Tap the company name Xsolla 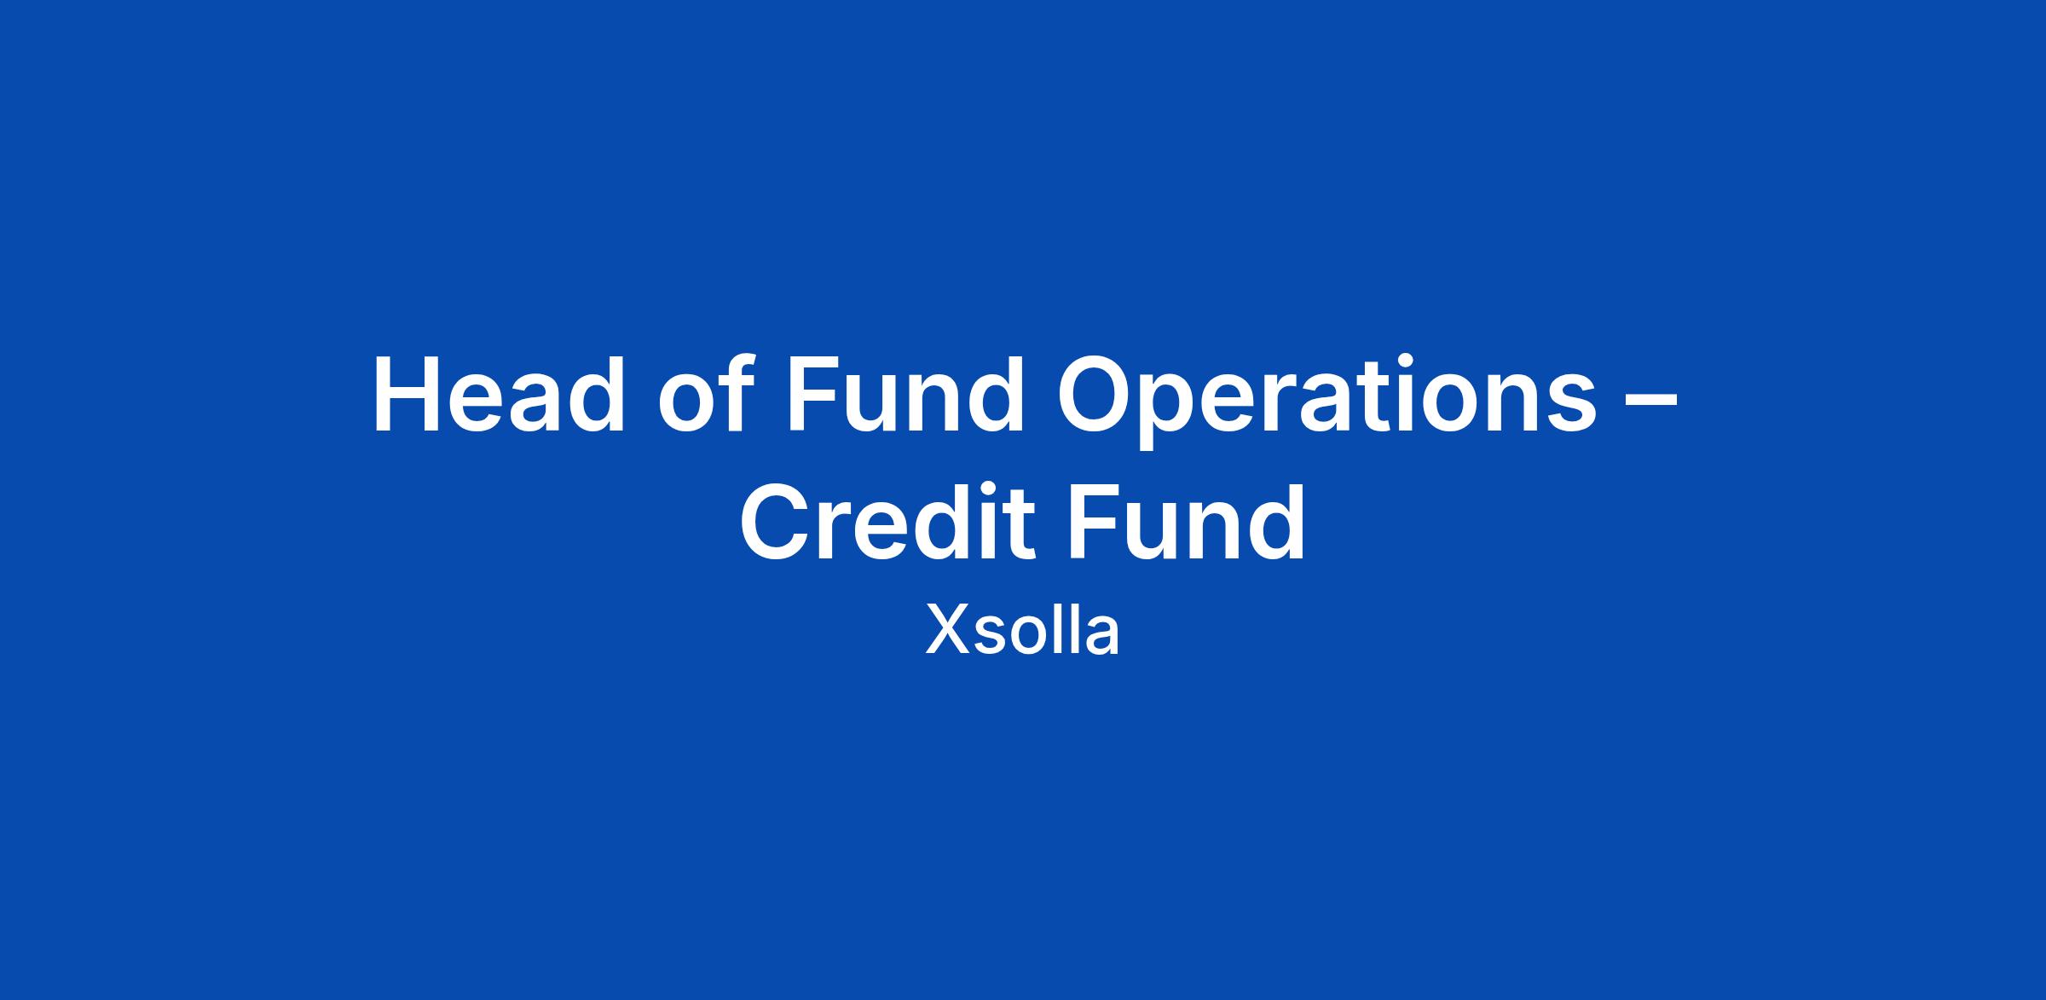pos(1022,630)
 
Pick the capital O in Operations pos(1099,395)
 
